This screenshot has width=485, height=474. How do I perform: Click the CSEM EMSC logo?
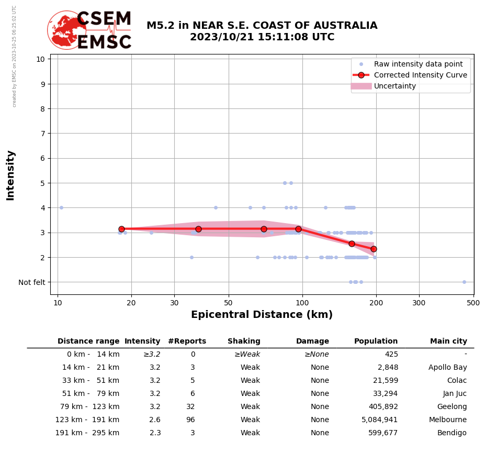click(x=89, y=30)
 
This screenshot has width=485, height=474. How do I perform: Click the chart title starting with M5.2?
click(x=262, y=31)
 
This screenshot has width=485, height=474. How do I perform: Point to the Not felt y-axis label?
click(x=32, y=282)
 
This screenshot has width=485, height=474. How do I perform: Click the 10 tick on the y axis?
click(x=41, y=59)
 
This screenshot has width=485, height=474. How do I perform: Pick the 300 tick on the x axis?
click(x=419, y=302)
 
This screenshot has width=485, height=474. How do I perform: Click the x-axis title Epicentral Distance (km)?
click(x=262, y=315)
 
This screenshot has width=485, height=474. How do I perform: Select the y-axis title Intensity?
click(x=10, y=175)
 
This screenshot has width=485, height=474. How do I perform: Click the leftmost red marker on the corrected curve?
click(x=121, y=229)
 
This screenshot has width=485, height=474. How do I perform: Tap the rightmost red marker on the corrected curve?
click(x=374, y=249)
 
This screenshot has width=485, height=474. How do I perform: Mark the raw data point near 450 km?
click(x=464, y=282)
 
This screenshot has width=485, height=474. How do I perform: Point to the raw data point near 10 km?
click(x=61, y=207)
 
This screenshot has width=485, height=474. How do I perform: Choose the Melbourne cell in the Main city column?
click(x=447, y=420)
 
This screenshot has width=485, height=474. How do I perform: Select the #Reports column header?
click(x=187, y=341)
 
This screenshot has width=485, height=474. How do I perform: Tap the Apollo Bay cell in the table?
click(x=447, y=368)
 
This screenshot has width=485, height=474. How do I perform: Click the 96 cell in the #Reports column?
click(x=190, y=420)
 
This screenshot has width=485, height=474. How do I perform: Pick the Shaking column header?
click(x=244, y=341)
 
